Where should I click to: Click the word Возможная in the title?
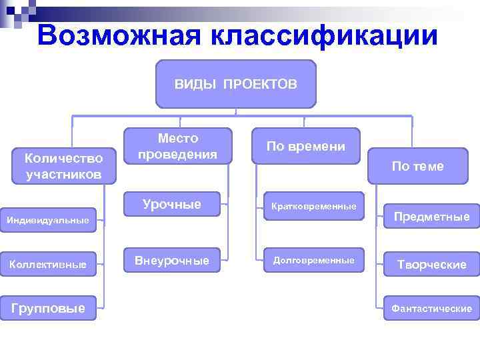[x=119, y=35]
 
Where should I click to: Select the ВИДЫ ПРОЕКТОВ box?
[x=235, y=84]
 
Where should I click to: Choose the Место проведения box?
[x=178, y=146]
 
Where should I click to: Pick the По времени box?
[x=305, y=146]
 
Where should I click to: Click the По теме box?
[x=417, y=167]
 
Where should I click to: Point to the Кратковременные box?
[x=313, y=207]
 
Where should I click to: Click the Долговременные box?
[x=313, y=260]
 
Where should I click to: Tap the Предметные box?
[x=431, y=217]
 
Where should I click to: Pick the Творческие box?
[x=431, y=265]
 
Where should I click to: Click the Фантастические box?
[x=431, y=308]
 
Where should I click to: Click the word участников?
[x=63, y=175]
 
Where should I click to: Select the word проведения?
[x=178, y=154]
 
